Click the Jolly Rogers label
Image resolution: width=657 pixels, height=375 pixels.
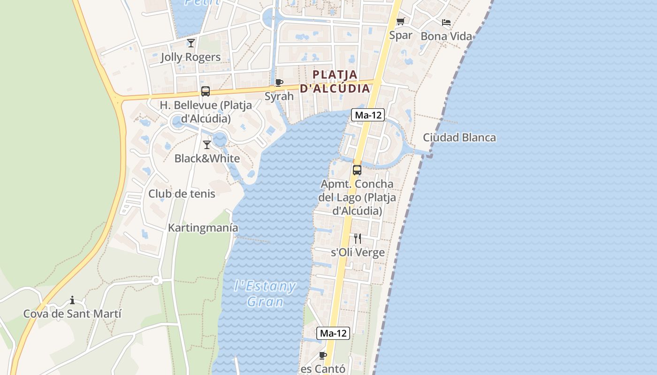tap(191, 57)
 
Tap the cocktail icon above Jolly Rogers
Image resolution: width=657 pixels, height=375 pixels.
tap(191, 43)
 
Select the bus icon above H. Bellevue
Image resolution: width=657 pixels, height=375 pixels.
tap(206, 91)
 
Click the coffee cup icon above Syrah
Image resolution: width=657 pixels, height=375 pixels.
tap(279, 83)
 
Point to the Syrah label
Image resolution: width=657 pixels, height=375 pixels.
tap(279, 97)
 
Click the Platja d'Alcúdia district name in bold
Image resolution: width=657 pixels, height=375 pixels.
tap(335, 82)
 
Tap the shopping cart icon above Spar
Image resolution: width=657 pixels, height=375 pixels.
tap(400, 22)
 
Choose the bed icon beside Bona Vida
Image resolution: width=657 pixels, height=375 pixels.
tap(446, 22)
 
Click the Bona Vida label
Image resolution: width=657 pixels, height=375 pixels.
tap(446, 36)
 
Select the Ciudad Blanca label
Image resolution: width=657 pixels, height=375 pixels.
tap(459, 138)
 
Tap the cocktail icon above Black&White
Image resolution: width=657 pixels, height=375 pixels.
tap(207, 144)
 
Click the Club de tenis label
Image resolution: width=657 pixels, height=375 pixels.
tap(182, 194)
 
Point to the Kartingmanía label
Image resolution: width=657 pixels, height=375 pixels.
tap(203, 228)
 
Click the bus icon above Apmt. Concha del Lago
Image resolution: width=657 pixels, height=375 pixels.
tap(357, 170)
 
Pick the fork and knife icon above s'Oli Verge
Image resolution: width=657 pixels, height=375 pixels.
tap(358, 239)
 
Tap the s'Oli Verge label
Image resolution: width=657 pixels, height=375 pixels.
tap(358, 253)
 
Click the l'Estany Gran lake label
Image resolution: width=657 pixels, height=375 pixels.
tap(265, 293)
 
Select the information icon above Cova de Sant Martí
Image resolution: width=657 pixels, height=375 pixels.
tap(72, 300)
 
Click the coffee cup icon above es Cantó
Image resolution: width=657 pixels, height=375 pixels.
tap(322, 355)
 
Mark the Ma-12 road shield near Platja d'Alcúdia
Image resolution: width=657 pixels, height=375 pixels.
tap(368, 115)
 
